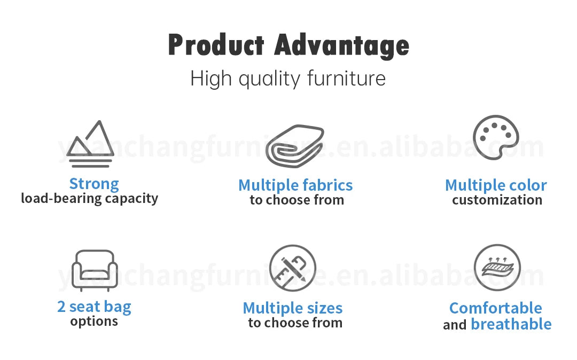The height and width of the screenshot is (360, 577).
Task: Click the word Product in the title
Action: point(216,45)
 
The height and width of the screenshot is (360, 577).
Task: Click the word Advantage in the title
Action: point(341,46)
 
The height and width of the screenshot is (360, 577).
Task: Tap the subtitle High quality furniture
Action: point(288,79)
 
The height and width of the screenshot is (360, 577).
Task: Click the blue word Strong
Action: point(94,184)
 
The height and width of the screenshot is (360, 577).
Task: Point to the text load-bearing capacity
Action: point(89,199)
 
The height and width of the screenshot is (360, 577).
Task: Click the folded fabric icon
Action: point(295,146)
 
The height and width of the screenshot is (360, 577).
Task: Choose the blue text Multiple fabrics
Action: point(295,185)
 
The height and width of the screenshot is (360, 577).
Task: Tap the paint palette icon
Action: point(496,137)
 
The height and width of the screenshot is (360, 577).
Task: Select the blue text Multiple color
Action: point(496,185)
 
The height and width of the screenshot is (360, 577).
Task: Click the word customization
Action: point(497,200)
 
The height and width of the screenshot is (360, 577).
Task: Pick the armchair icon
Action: point(93,270)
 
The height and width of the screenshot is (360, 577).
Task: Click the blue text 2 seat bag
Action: point(94,307)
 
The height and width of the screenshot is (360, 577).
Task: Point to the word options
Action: point(94,322)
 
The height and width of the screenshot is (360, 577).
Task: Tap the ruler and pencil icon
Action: point(292,268)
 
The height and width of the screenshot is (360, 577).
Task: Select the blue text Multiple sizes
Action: point(293,308)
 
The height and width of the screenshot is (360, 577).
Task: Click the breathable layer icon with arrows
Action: point(497,268)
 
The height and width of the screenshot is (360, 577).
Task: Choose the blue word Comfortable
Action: point(495,308)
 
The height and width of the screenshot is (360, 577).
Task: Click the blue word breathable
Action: point(511,324)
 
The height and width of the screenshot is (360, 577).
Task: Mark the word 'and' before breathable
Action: point(455,325)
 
